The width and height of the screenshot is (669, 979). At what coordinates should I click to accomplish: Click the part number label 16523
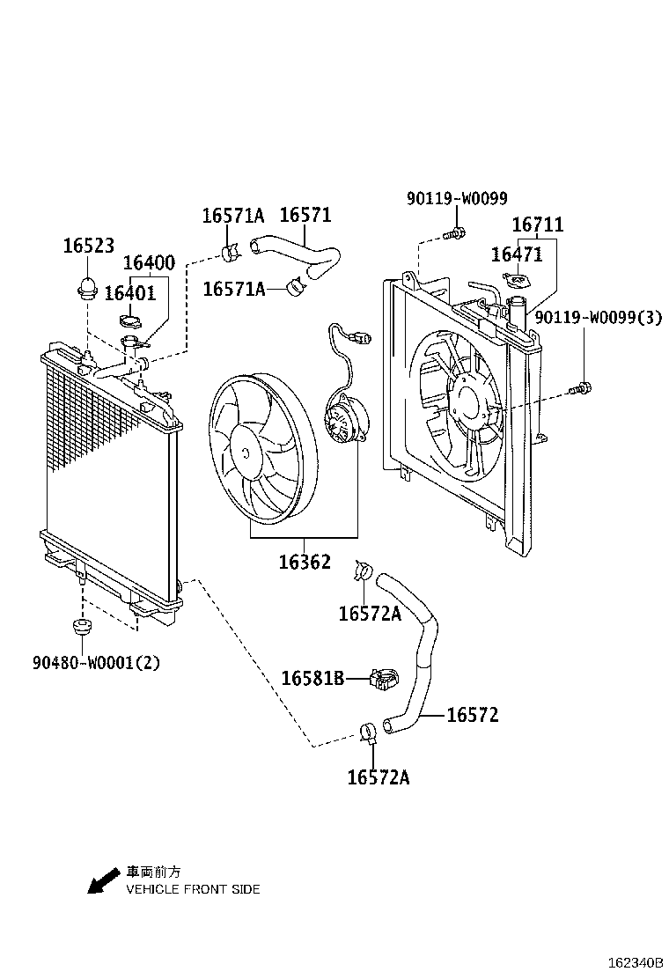click(x=89, y=246)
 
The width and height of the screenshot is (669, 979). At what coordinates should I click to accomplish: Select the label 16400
click(x=149, y=262)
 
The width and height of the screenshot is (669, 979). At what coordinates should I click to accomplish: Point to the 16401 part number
click(x=129, y=293)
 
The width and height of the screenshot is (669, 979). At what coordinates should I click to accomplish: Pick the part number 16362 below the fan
click(x=305, y=562)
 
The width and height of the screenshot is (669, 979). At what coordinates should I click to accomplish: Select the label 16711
click(x=537, y=225)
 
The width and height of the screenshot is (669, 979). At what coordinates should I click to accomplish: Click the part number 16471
click(x=517, y=254)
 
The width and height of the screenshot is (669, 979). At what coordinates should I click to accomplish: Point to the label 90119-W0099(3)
click(x=599, y=318)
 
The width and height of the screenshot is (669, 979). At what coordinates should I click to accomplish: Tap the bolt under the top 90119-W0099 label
click(x=454, y=233)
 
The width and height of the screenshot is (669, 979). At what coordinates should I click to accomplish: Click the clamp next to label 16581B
click(x=383, y=679)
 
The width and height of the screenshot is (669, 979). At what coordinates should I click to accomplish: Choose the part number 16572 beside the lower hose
click(x=473, y=715)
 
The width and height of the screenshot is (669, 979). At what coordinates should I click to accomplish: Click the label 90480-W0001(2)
click(x=97, y=662)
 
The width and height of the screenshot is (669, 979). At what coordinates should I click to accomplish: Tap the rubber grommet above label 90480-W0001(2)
click(x=80, y=627)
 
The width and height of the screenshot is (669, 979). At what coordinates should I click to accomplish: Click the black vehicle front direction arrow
click(x=103, y=881)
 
